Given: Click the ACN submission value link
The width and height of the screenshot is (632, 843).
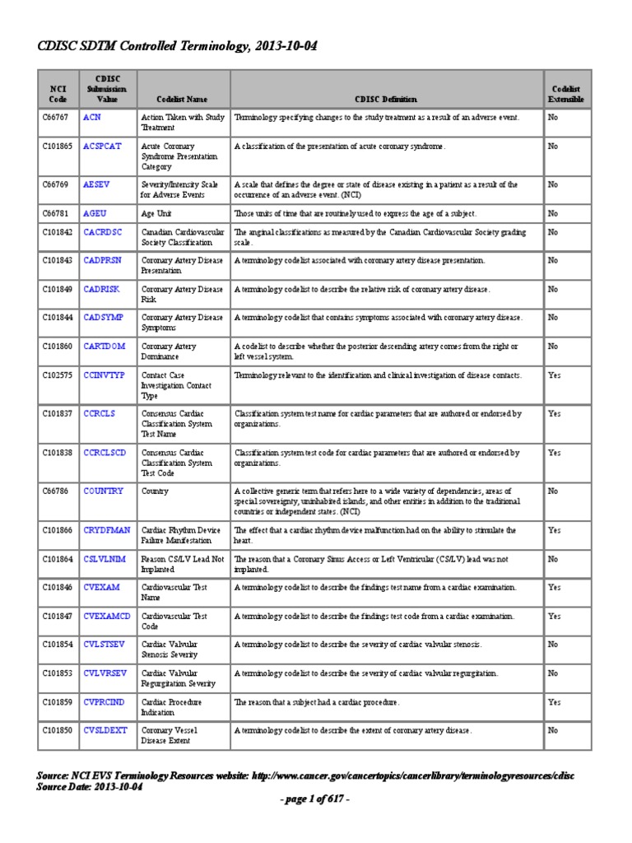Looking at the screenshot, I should click(x=92, y=118).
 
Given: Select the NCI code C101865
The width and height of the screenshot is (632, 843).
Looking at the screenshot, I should click(x=58, y=146).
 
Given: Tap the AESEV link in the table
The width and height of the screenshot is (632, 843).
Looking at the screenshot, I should click(x=96, y=184).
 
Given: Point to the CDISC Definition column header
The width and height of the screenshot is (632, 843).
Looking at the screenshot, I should click(x=386, y=99).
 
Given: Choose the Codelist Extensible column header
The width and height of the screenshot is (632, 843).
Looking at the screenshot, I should click(x=567, y=94).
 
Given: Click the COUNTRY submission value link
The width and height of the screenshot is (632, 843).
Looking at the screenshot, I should click(x=104, y=491).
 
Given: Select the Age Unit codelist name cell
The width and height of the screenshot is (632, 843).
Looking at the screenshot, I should click(x=158, y=212).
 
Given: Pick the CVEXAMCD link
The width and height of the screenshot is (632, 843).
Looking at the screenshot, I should click(x=107, y=616).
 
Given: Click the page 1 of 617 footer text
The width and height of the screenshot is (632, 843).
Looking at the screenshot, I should click(x=315, y=799).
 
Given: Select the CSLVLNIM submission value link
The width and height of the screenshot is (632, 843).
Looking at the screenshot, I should click(x=105, y=558).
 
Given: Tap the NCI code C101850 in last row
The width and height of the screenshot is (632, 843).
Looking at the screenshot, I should click(x=58, y=730).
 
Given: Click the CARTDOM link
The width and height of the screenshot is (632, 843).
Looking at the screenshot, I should click(x=104, y=346).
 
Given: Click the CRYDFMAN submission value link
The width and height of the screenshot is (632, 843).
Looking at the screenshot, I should click(x=106, y=530).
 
